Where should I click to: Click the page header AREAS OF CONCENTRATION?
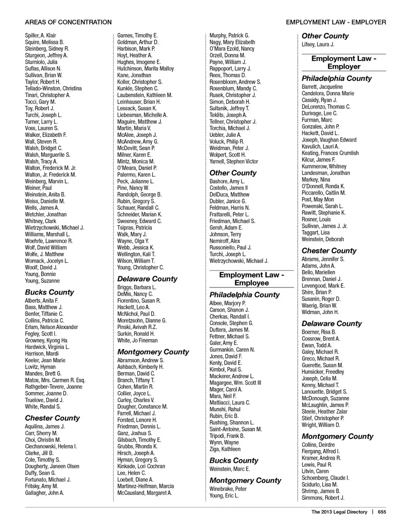[68, 22]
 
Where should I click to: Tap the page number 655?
[382, 512]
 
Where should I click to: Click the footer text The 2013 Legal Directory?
[339, 512]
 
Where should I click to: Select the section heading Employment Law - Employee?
[252, 279]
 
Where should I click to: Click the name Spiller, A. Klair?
[41, 36]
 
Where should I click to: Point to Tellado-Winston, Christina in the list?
[53, 88]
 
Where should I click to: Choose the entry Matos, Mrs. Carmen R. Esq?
[55, 380]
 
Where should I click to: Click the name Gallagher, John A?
[44, 493]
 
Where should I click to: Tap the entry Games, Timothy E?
[137, 36]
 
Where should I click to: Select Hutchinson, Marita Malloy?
[145, 68]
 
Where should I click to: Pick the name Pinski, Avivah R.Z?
[137, 327]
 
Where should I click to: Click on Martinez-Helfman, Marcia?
[145, 486]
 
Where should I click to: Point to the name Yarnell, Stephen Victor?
[233, 161]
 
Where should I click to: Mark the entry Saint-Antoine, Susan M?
[236, 429]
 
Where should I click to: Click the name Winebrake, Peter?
[228, 489]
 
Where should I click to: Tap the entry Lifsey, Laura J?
[318, 44]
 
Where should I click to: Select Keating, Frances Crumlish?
[330, 153]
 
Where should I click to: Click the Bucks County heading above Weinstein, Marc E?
[233, 460]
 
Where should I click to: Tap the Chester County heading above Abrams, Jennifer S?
[329, 250]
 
